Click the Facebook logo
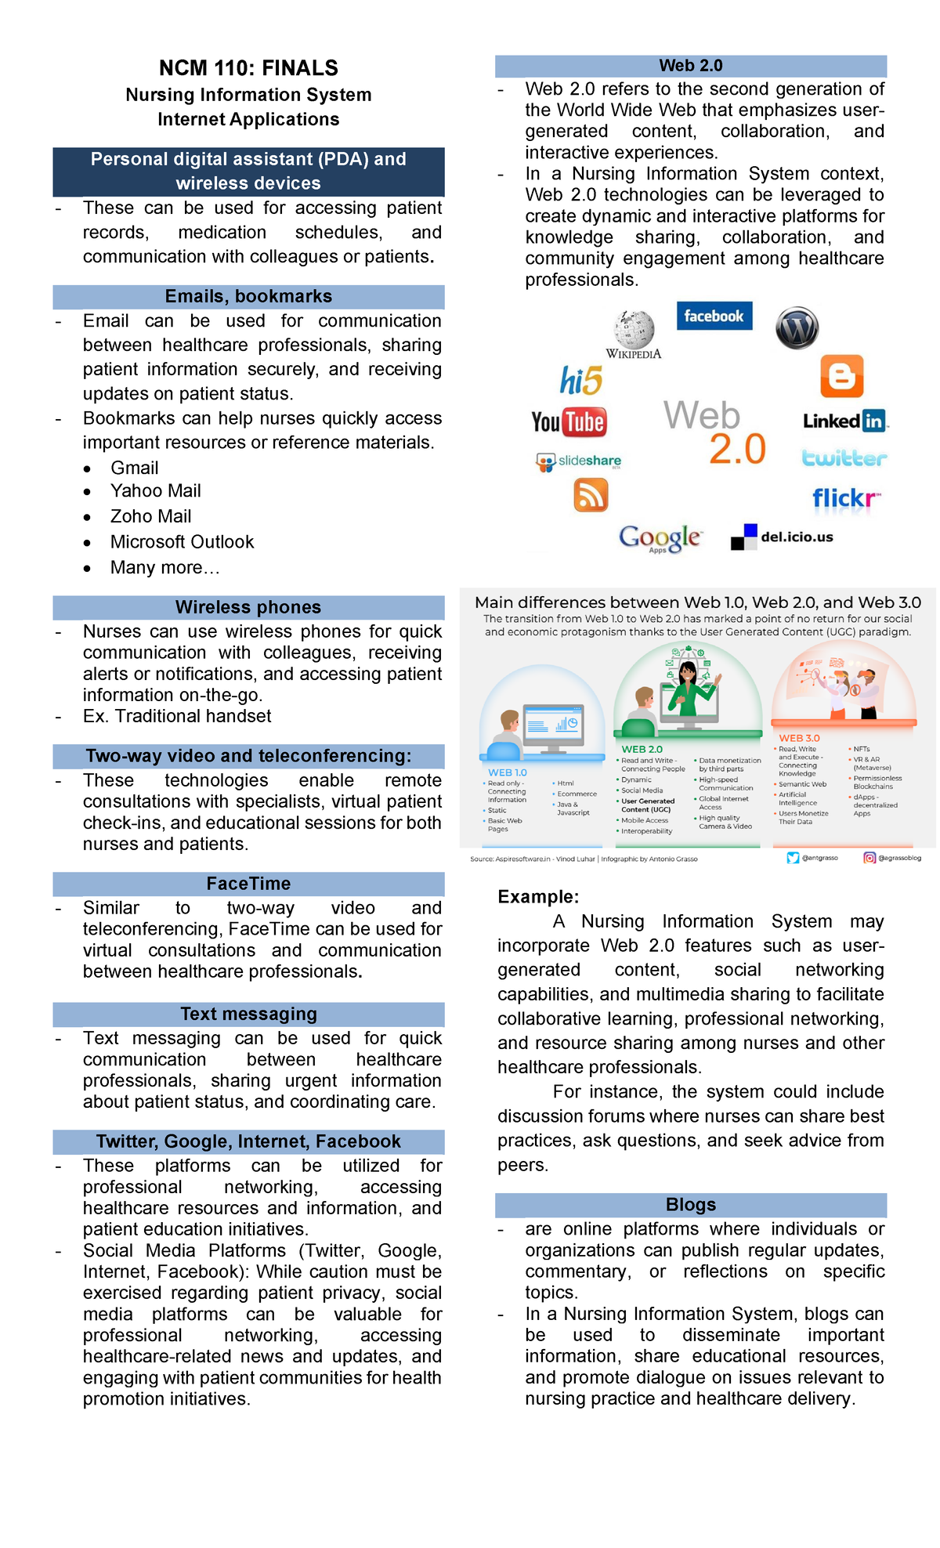[714, 316]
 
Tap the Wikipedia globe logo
[634, 331]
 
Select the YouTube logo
[569, 422]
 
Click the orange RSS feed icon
[591, 495]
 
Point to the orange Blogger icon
[841, 377]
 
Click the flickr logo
[845, 498]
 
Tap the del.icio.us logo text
[797, 537]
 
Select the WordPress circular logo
[797, 327]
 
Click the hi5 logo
[580, 381]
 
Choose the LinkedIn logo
[845, 421]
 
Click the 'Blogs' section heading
[690, 1204]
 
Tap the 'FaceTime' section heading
[248, 884]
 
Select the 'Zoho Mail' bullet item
[150, 516]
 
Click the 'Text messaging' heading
[248, 1014]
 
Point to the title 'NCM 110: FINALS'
[248, 68]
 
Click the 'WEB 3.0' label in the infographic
[799, 738]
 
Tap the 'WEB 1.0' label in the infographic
[508, 772]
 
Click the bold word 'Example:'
[538, 897]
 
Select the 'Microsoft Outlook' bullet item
[182, 542]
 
